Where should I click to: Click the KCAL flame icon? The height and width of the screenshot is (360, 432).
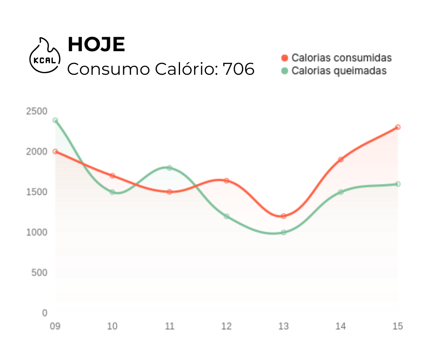tap(45, 56)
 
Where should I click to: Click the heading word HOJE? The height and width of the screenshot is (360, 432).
tap(96, 44)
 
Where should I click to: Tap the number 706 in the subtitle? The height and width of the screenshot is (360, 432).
tap(238, 69)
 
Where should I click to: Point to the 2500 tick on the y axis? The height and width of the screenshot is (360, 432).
tap(36, 111)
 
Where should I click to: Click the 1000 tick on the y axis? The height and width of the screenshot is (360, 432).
tap(36, 232)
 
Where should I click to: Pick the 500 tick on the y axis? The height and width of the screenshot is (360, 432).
tap(39, 272)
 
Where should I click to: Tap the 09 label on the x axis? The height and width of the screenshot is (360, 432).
tap(55, 326)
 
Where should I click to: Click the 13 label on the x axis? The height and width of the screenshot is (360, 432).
tap(284, 326)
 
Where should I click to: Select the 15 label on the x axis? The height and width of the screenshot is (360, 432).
tap(398, 326)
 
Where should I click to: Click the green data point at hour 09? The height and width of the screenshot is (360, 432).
tap(55, 120)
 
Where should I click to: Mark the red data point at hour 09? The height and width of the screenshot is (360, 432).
tap(55, 152)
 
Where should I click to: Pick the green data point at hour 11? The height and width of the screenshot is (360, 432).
tap(170, 168)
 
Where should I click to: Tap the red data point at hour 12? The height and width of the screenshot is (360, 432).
tap(227, 181)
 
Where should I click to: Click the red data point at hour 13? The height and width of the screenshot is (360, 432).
tap(284, 216)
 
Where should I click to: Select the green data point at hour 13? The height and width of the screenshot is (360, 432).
tap(284, 232)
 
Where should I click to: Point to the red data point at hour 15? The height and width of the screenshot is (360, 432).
tap(398, 127)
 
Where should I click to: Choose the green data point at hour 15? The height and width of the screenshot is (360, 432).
tap(398, 184)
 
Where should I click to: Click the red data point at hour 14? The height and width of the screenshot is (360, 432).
tap(341, 160)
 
